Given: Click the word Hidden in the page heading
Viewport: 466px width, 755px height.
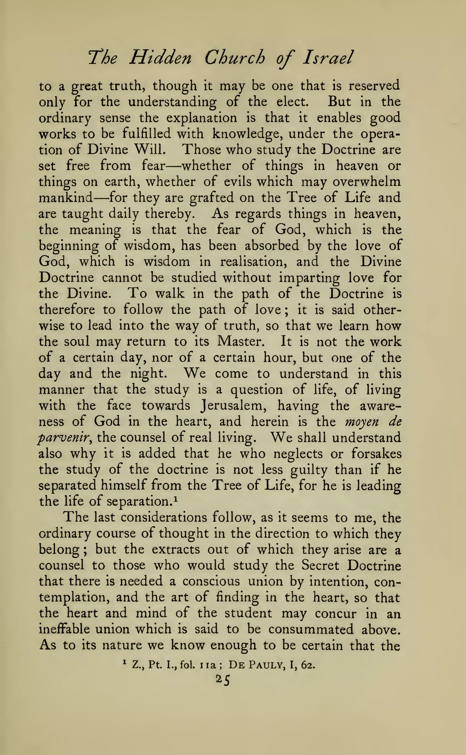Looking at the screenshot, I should (160, 58).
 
